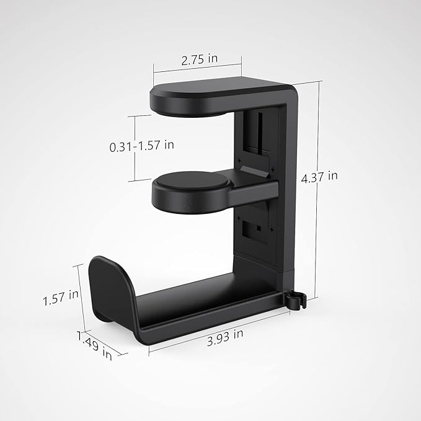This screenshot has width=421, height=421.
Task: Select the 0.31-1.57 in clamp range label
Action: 141,146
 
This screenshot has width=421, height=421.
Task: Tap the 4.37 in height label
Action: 319,177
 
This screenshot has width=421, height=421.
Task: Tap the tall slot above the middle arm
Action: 256,133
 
